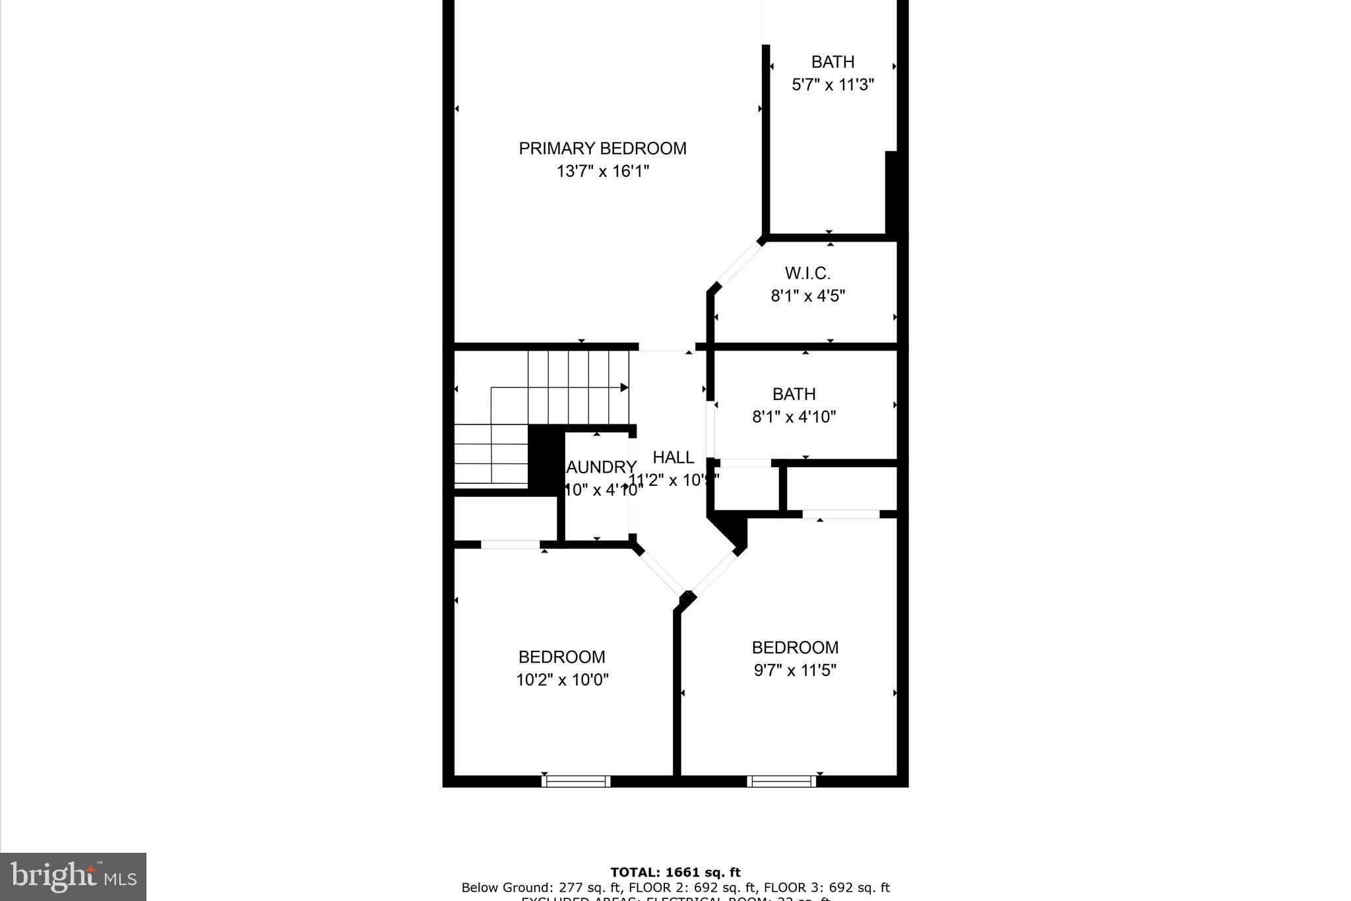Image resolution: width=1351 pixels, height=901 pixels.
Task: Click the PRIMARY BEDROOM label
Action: click(x=602, y=149)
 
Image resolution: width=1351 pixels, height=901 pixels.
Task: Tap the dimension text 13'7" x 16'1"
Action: click(x=602, y=172)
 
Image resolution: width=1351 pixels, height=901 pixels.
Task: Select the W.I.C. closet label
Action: click(x=807, y=273)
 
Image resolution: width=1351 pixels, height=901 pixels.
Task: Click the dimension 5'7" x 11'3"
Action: click(x=833, y=84)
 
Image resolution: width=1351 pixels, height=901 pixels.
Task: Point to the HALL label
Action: click(x=673, y=457)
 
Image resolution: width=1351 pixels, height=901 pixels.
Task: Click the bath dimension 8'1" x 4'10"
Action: click(x=794, y=417)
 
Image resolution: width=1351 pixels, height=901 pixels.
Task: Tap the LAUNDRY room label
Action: click(x=601, y=467)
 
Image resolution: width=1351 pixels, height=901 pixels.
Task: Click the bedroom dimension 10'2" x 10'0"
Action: click(x=562, y=680)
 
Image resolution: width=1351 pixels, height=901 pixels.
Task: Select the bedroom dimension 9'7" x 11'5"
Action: click(x=795, y=671)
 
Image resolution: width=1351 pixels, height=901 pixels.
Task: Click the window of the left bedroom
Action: click(x=576, y=782)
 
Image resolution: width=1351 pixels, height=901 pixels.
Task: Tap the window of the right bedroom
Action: click(x=781, y=782)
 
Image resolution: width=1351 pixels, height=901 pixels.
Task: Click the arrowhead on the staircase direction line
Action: click(x=624, y=387)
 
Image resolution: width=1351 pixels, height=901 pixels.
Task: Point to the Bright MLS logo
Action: click(x=73, y=877)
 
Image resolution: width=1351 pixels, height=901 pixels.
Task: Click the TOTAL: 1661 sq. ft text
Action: click(x=675, y=873)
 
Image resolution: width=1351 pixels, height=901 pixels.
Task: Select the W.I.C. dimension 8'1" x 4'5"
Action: click(x=807, y=296)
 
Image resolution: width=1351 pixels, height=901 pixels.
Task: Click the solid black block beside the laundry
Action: click(x=545, y=459)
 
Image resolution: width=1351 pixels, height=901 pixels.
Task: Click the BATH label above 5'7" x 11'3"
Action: click(x=833, y=62)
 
